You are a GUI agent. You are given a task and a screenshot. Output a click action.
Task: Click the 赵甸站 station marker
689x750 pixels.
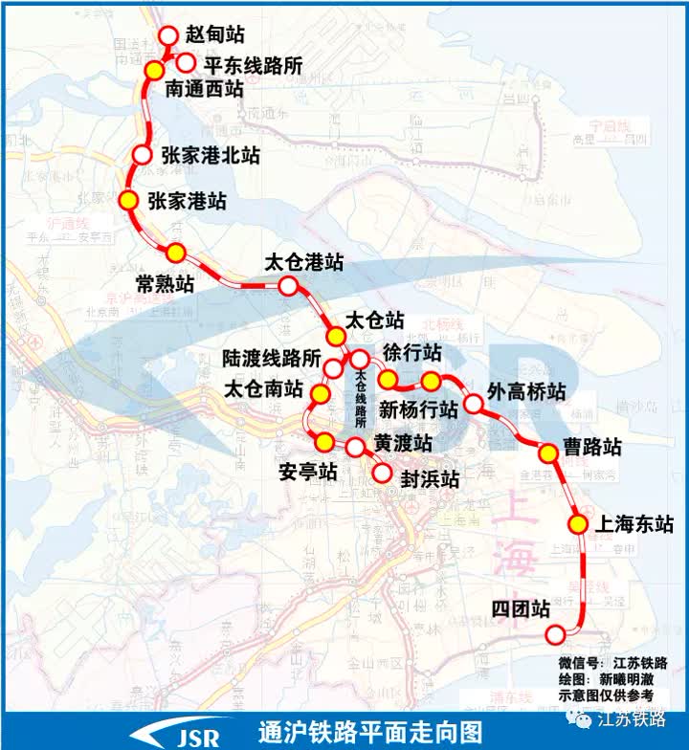pyautogui.click(x=168, y=35)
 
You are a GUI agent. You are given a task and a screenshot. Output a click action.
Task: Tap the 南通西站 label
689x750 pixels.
pyautogui.click(x=204, y=90)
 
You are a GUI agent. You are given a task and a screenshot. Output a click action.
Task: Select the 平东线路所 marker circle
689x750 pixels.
pyautogui.click(x=188, y=63)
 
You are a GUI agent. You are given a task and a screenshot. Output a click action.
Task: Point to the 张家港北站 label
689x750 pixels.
pyautogui.click(x=210, y=154)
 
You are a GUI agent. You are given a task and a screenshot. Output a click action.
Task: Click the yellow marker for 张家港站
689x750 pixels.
pyautogui.click(x=127, y=201)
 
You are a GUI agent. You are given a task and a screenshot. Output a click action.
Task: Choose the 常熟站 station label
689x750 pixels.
pyautogui.click(x=165, y=284)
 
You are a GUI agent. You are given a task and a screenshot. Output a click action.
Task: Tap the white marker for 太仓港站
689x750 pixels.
pyautogui.click(x=288, y=285)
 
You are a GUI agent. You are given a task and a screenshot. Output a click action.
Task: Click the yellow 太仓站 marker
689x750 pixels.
pyautogui.click(x=336, y=336)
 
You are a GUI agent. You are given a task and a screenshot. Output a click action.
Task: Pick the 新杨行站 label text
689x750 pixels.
pyautogui.click(x=418, y=410)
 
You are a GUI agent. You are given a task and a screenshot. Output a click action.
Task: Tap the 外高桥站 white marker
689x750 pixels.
pyautogui.click(x=473, y=405)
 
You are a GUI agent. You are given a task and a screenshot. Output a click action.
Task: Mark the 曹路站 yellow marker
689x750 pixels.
pyautogui.click(x=548, y=453)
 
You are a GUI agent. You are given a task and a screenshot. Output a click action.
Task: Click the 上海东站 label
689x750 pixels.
pyautogui.click(x=633, y=524)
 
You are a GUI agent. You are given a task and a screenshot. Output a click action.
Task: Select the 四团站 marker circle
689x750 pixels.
pyautogui.click(x=555, y=634)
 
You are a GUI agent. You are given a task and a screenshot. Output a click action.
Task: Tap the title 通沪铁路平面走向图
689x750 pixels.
pyautogui.click(x=369, y=732)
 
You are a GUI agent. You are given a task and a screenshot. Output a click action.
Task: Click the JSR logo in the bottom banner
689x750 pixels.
pyautogui.click(x=187, y=734)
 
